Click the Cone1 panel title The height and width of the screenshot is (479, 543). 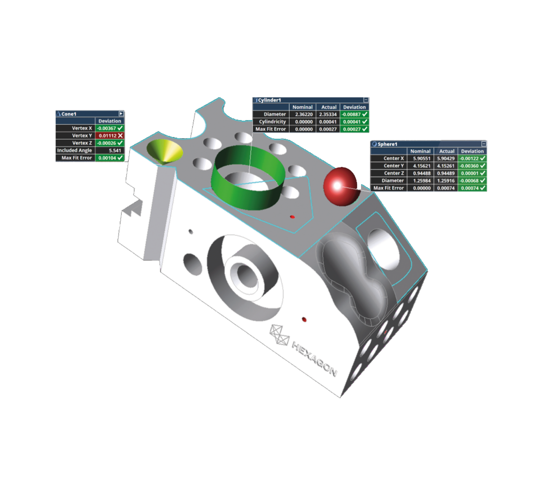coord(69,114)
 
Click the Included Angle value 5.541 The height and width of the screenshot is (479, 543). coord(110,150)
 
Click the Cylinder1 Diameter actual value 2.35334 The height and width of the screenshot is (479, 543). coord(329,114)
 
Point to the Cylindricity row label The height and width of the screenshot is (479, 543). coord(272,122)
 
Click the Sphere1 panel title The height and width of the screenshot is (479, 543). coord(387,144)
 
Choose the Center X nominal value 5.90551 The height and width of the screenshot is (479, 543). coord(420,159)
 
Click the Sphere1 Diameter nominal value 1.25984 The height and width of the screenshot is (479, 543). coord(420,180)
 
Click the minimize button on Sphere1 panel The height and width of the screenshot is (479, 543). coord(484,144)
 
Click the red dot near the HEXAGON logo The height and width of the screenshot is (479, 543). coord(304,320)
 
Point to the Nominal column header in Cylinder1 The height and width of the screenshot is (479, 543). coord(302,107)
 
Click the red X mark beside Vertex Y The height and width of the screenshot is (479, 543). coord(120,136)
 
